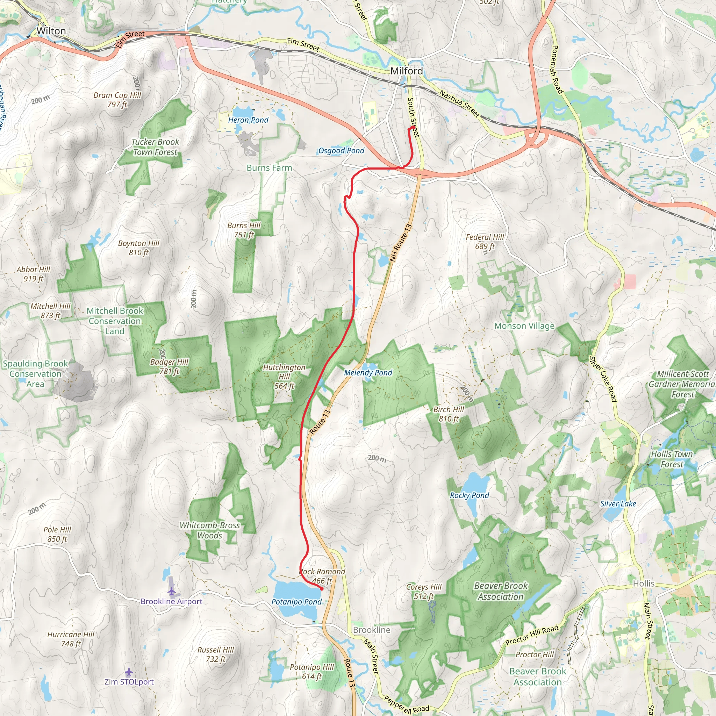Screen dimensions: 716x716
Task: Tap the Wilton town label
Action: pos(51,31)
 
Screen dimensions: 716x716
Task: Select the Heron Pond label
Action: pos(248,120)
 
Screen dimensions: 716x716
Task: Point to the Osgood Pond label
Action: pos(341,151)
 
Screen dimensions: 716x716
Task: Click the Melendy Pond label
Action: pos(368,373)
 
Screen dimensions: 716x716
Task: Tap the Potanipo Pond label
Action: pos(296,602)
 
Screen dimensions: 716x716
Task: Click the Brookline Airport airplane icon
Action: pos(171,591)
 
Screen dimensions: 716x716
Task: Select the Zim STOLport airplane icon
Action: pos(129,672)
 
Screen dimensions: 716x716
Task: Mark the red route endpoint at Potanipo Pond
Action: pos(321,588)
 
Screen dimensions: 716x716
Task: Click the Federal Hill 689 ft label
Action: pos(485,242)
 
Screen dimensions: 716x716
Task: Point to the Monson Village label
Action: pos(524,326)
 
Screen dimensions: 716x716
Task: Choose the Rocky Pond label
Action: pos(469,495)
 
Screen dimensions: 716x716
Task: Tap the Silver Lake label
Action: pos(618,504)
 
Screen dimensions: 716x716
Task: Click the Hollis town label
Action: pos(643,584)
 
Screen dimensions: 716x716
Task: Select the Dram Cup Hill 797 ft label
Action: pos(117,100)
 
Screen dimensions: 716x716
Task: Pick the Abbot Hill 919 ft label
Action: pos(33,274)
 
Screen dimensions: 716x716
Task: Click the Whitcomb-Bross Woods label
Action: pos(210,530)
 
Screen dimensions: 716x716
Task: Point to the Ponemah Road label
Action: pos(557,69)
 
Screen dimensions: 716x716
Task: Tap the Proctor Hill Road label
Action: pos(532,636)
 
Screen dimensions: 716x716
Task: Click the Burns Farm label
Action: pos(269,168)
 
